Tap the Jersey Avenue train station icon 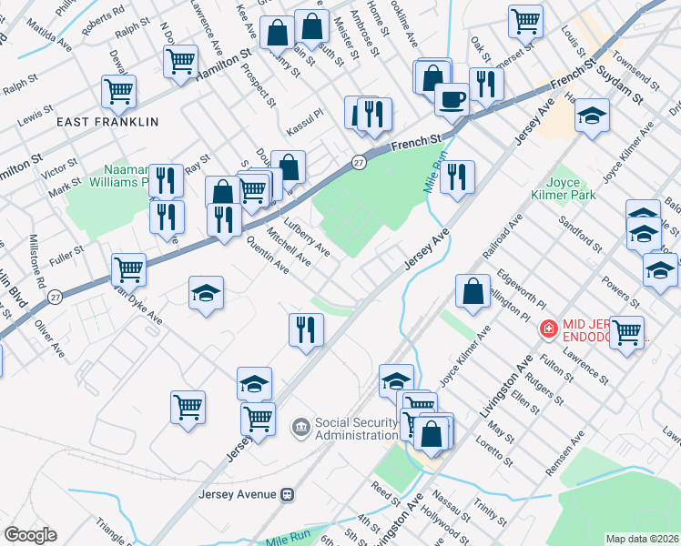point(288,494)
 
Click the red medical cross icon point(549,329)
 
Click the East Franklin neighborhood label point(107,121)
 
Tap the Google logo point(30,535)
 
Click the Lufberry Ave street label point(307,235)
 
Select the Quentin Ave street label point(268,256)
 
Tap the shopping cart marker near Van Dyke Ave point(129,268)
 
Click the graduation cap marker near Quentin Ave point(207,293)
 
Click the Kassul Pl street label point(305,116)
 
